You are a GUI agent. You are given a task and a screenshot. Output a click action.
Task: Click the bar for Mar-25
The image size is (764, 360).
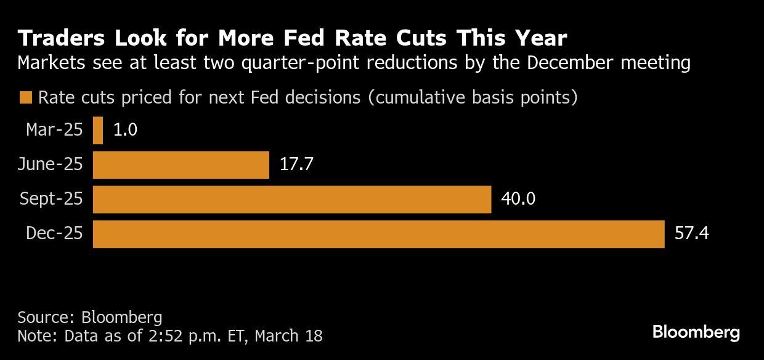pos(98,131)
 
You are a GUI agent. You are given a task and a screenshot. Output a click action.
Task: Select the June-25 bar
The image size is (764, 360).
pos(181,165)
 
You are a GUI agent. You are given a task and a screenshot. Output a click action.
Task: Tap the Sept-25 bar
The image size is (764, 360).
pos(291,200)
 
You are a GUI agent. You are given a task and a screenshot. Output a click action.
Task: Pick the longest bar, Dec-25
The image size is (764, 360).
pos(378,234)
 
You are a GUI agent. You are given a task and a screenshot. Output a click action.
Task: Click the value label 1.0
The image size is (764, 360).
pos(125,131)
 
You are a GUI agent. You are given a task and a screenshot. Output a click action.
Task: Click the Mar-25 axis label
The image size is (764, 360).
pos(54,130)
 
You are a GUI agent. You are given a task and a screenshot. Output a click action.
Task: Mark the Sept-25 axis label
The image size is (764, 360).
pos(51,199)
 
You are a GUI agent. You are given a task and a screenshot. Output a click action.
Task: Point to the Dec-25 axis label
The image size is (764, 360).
pos(54,234)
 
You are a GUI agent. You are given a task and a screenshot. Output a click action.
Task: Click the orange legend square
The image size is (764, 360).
pos(25,98)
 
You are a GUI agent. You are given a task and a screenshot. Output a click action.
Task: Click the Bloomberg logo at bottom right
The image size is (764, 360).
pos(696,333)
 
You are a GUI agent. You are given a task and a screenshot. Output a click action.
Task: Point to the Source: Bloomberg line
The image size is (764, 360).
pos(89,317)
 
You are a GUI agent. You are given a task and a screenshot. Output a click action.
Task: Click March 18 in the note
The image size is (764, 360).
pos(288,336)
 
